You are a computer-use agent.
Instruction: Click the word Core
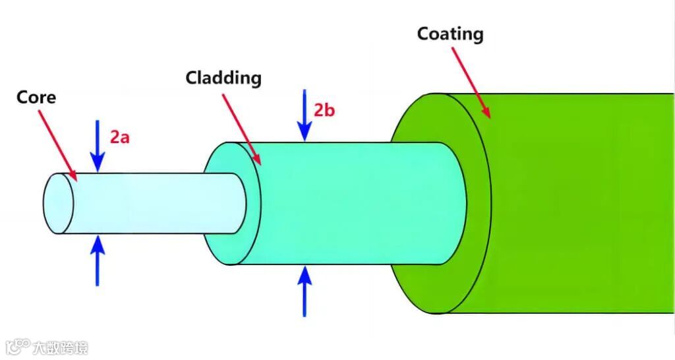(36, 98)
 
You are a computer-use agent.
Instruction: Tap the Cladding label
(223, 78)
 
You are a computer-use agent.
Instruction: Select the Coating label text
(450, 34)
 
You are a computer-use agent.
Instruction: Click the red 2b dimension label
(324, 110)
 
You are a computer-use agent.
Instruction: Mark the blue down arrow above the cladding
(304, 116)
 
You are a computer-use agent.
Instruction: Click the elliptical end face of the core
(57, 203)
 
